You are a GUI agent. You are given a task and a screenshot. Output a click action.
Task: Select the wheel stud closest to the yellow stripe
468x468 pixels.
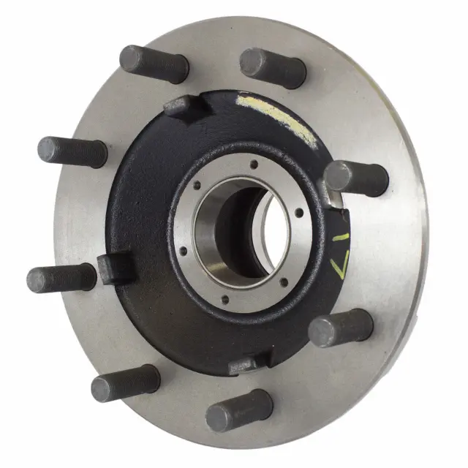(273, 67)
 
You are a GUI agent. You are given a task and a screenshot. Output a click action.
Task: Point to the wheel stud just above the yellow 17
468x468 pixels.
(355, 178)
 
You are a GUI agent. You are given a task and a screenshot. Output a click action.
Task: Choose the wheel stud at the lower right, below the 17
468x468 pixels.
(341, 328)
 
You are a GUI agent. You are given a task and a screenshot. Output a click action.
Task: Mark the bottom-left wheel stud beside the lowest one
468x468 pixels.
(125, 382)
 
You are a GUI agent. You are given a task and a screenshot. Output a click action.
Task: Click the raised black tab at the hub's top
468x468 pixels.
(183, 106)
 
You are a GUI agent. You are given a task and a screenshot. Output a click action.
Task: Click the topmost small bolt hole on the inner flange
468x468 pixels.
(253, 165)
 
